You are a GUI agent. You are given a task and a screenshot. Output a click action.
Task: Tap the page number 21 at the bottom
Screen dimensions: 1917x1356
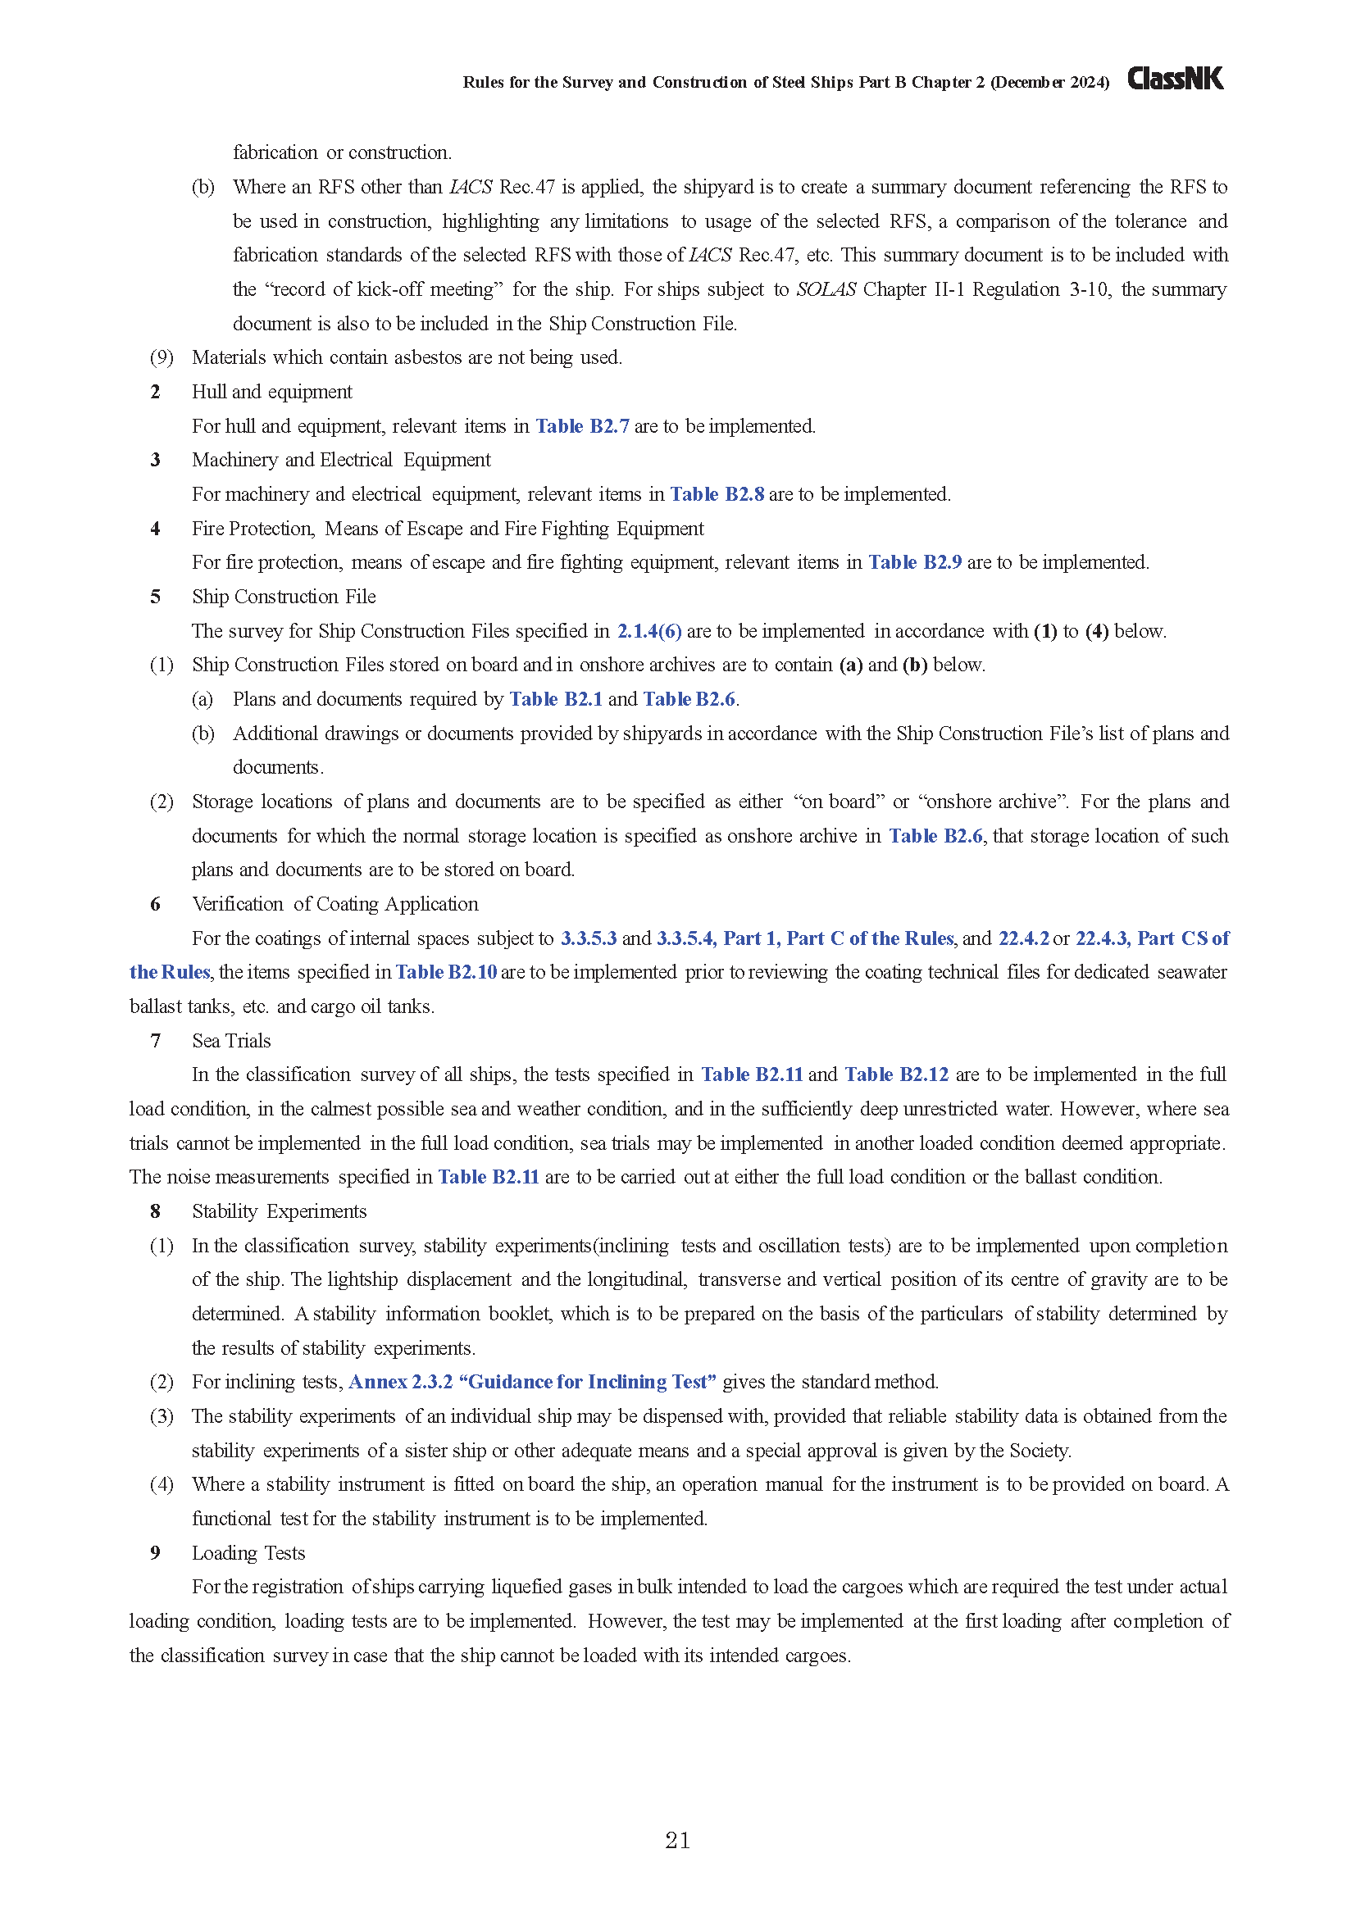[677, 1840]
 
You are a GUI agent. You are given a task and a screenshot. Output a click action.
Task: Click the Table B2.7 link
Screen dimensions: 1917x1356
[582, 426]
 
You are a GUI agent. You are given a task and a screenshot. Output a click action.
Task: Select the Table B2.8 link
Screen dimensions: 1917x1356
[717, 494]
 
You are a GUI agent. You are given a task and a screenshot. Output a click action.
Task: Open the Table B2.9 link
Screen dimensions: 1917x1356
[915, 562]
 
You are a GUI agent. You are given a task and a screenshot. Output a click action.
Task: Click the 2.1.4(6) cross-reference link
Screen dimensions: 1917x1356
[649, 631]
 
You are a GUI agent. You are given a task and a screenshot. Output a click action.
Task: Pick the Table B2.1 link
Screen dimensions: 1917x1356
[556, 699]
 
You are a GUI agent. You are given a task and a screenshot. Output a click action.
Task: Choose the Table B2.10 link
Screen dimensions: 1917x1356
[446, 972]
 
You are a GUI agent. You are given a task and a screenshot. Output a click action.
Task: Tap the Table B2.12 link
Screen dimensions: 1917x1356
[896, 1074]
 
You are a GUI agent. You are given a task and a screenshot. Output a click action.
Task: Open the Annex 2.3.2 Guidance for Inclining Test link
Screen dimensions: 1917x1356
[532, 1382]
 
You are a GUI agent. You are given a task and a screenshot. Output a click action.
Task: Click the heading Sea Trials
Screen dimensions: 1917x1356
[231, 1040]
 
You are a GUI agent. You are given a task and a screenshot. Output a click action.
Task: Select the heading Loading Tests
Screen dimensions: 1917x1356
[248, 1553]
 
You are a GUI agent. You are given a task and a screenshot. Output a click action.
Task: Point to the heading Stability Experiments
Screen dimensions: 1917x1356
[279, 1211]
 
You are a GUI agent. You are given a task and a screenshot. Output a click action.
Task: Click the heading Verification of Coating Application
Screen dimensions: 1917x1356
[334, 904]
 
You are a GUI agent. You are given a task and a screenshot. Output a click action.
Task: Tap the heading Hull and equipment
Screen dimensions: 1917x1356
[271, 392]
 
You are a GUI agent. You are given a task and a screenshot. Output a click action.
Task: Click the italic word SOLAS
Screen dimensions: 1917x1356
[826, 289]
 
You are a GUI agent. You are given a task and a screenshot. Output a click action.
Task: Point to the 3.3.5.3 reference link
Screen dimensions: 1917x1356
[589, 938]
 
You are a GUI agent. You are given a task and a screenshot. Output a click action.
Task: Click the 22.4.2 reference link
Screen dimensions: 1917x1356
[1024, 938]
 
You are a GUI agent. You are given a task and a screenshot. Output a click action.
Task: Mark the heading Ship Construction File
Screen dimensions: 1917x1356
[284, 597]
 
